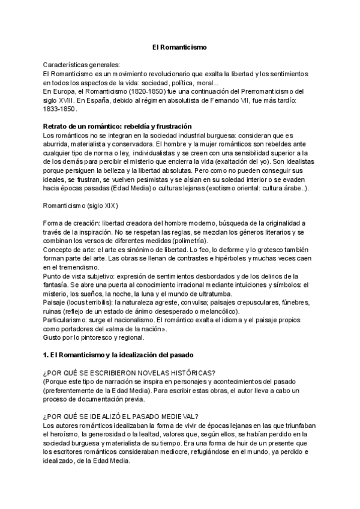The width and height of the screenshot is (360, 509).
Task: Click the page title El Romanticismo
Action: click(179, 47)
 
